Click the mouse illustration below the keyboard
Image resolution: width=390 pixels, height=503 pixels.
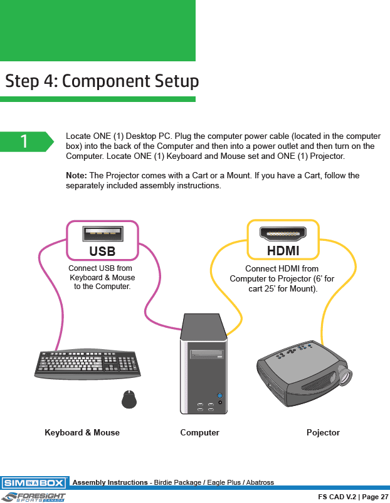click(x=129, y=399)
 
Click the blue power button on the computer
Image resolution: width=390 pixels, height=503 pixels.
click(x=219, y=395)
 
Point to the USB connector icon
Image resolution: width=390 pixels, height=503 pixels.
click(x=102, y=233)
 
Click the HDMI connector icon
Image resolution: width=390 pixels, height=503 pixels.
click(x=283, y=233)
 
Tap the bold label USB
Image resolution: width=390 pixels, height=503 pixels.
click(x=102, y=251)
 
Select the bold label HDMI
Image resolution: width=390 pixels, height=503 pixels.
click(x=283, y=251)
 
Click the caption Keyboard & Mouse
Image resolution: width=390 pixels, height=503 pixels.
click(x=82, y=432)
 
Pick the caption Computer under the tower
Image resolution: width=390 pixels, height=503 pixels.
click(x=199, y=432)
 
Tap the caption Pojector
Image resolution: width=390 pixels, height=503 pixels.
click(x=323, y=432)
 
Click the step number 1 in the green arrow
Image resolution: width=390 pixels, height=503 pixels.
click(x=24, y=141)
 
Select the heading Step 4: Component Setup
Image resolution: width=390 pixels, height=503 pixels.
click(x=102, y=81)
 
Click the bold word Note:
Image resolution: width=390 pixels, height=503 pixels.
click(x=76, y=175)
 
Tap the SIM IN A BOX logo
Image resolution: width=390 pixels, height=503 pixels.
click(x=34, y=483)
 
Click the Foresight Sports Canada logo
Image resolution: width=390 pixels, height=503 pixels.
click(x=34, y=497)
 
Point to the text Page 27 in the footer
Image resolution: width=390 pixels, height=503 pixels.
click(x=375, y=497)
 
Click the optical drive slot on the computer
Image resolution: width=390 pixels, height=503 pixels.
click(x=207, y=355)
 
